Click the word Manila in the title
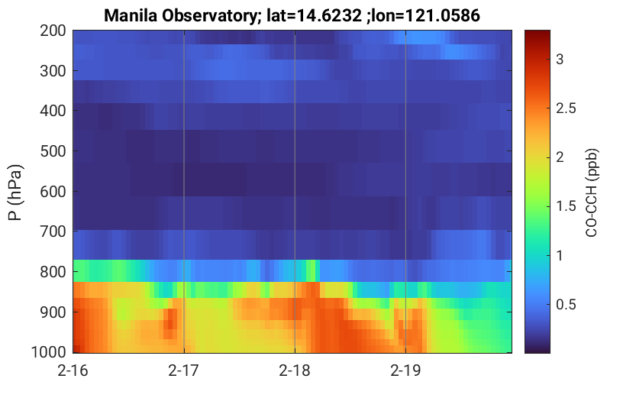click(128, 15)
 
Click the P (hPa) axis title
click(16, 192)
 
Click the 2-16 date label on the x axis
click(73, 370)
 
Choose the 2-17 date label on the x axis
click(184, 370)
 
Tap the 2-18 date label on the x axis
click(295, 370)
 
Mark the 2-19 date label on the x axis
click(405, 370)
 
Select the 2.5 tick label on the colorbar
click(567, 108)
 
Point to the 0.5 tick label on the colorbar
click(567, 305)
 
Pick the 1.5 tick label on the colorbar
click(567, 206)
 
